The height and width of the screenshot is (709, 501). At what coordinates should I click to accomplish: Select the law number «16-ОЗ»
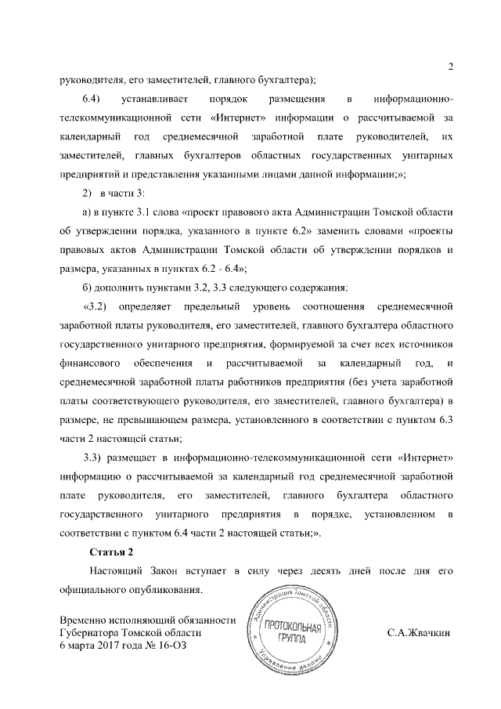pyautogui.click(x=171, y=645)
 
